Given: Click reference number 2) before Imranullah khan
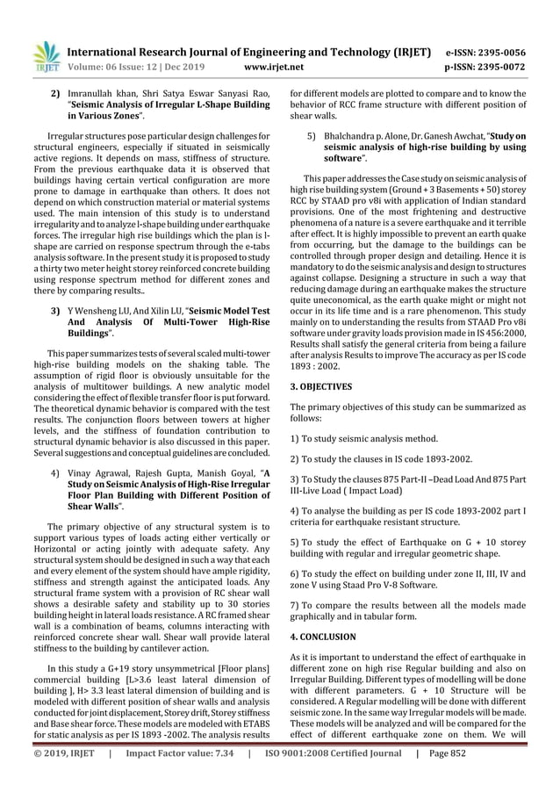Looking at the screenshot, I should coord(54,93).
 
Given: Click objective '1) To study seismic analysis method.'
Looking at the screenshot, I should coord(373,437).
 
